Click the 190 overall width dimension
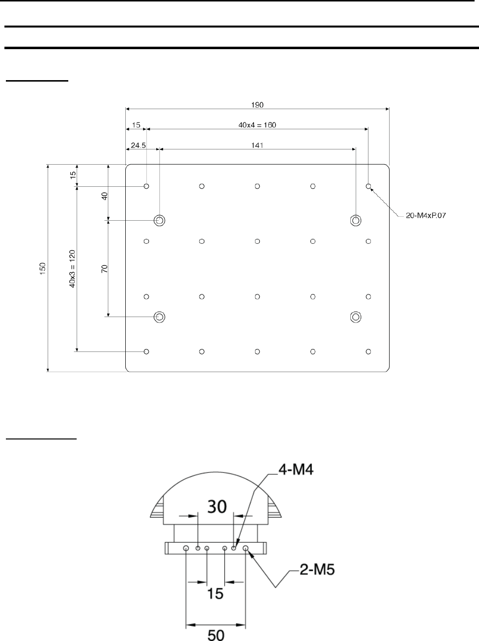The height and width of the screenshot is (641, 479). [257, 105]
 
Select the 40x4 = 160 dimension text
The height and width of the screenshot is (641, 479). [257, 125]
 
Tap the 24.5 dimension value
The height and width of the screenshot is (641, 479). [138, 145]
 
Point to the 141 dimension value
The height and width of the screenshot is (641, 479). [257, 145]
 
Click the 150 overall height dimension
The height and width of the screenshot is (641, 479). [43, 268]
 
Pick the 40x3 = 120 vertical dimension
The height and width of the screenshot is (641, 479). [72, 269]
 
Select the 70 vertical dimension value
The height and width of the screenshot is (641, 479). [105, 269]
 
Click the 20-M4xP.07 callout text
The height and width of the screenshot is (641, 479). [426, 215]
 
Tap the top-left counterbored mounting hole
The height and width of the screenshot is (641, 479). [160, 220]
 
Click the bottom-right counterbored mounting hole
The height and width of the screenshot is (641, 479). [356, 317]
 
